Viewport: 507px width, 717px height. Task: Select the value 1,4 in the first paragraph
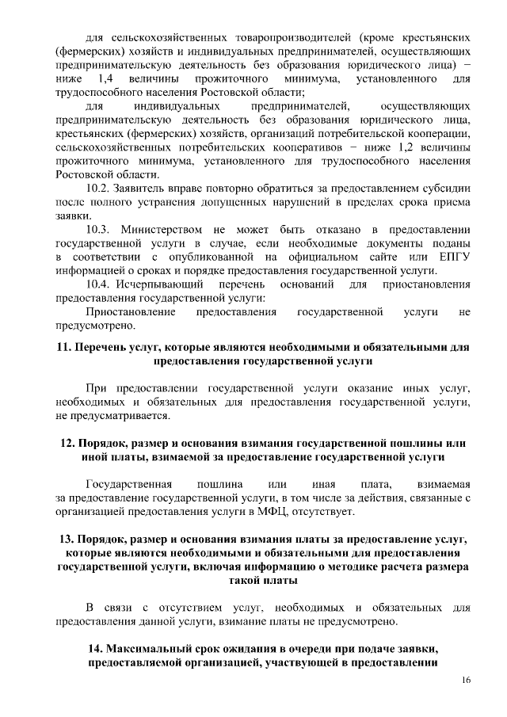105,79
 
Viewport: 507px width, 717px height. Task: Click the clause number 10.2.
99,189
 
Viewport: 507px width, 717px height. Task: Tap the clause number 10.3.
100,229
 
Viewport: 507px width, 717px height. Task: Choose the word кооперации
439,134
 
